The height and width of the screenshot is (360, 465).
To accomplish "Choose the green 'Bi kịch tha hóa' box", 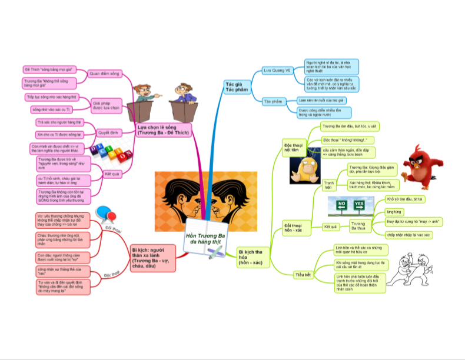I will [254, 256].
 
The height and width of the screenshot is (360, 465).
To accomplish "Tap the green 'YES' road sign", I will [360, 205].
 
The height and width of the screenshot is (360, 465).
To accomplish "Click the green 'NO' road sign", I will [341, 205].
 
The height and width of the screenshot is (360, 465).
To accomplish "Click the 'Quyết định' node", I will [106, 132].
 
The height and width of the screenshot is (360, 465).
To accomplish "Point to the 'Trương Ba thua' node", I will [358, 226].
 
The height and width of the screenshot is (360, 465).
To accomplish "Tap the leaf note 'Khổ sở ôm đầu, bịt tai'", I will [406, 199].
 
